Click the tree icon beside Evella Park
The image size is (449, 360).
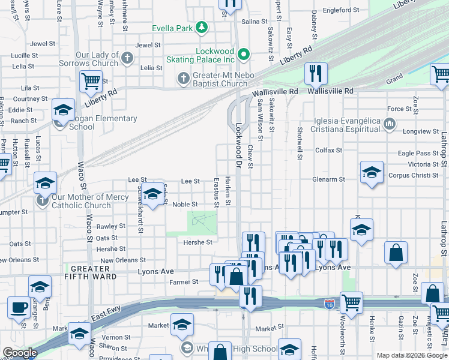click(203, 27)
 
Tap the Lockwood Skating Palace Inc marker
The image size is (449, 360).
click(243, 55)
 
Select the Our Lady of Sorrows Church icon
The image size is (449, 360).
click(127, 59)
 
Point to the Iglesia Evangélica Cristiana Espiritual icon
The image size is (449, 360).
click(389, 124)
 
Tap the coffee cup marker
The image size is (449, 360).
click(19, 308)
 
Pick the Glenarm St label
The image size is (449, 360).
click(328, 179)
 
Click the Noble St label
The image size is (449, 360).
click(185, 205)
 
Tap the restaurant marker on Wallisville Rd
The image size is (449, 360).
click(316, 74)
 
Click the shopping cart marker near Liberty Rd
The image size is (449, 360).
click(91, 81)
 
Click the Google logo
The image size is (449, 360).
click(20, 353)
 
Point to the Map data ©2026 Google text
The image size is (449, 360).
click(411, 355)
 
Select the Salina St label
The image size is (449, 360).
click(255, 22)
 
